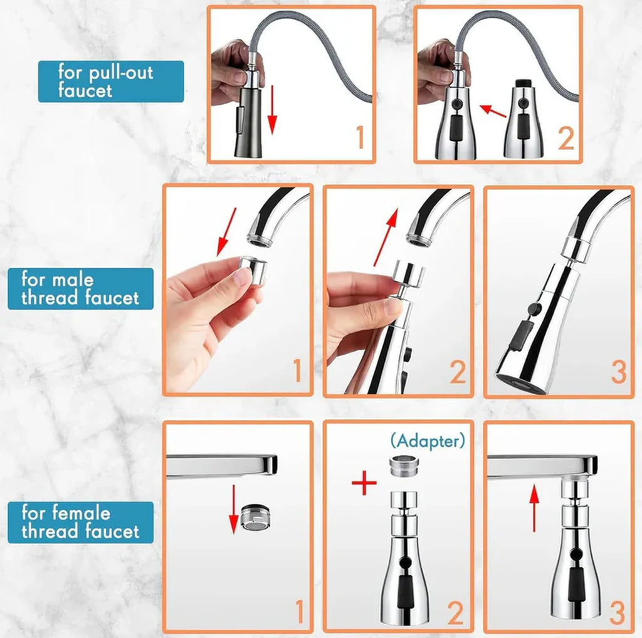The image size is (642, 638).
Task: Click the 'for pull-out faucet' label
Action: coord(111,81)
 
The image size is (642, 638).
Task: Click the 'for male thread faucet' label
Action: coord(80,288)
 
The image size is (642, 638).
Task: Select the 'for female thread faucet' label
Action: coord(80,522)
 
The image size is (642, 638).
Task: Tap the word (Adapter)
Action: coord(428,441)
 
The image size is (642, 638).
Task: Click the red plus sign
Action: coord(364,484)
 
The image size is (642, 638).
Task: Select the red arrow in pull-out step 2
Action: coord(493,111)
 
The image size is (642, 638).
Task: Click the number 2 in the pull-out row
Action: coord(566,139)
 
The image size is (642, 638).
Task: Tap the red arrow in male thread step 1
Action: coord(226,233)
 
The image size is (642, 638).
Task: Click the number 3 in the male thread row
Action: coord(618,372)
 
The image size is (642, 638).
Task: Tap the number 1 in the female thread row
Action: coord(299,612)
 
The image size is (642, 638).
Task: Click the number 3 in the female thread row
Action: coord(618,612)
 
